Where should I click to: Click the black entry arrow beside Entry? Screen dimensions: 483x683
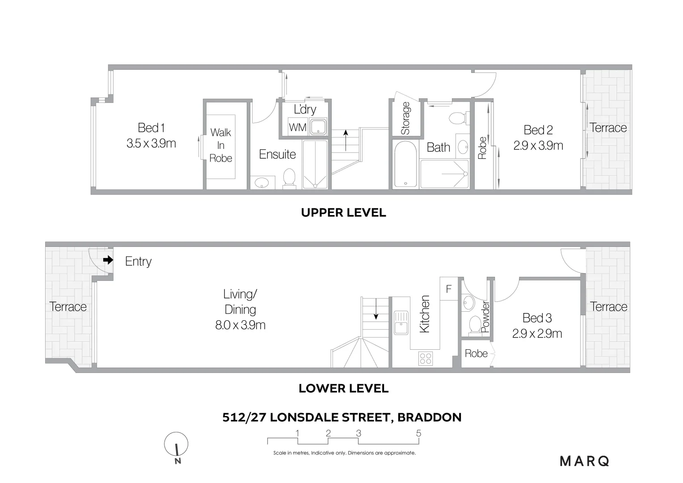(x=108, y=260)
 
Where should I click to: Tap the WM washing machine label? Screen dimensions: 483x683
(x=297, y=127)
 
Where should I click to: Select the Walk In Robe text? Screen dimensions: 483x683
(x=221, y=145)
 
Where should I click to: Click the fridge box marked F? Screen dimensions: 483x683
(x=449, y=289)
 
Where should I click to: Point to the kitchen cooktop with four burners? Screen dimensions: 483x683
(x=425, y=358)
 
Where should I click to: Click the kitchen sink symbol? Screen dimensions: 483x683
(x=401, y=322)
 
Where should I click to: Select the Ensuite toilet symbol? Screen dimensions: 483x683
(x=289, y=178)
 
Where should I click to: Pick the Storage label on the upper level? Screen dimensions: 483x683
(x=405, y=119)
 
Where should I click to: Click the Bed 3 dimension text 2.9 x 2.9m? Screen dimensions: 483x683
(x=537, y=334)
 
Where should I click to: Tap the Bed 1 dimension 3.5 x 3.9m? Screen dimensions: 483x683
(x=151, y=144)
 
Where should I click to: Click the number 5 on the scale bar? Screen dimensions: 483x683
(x=418, y=433)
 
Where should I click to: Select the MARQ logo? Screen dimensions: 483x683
(x=585, y=461)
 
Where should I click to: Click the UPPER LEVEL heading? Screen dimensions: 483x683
(x=343, y=212)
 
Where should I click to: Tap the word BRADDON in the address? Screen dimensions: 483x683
(x=429, y=417)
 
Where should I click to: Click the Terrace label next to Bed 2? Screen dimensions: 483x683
(x=608, y=128)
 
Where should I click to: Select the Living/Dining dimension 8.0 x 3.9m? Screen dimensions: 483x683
(x=240, y=325)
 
